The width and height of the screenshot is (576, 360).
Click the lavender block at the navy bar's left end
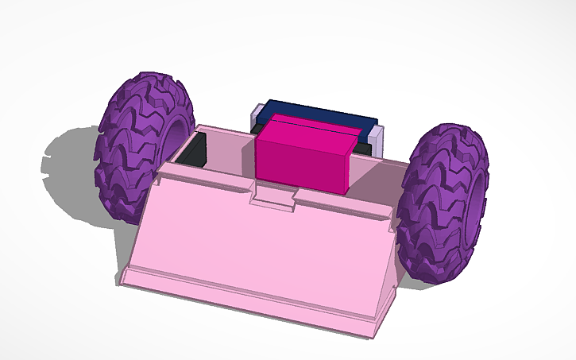pos(255,118)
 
